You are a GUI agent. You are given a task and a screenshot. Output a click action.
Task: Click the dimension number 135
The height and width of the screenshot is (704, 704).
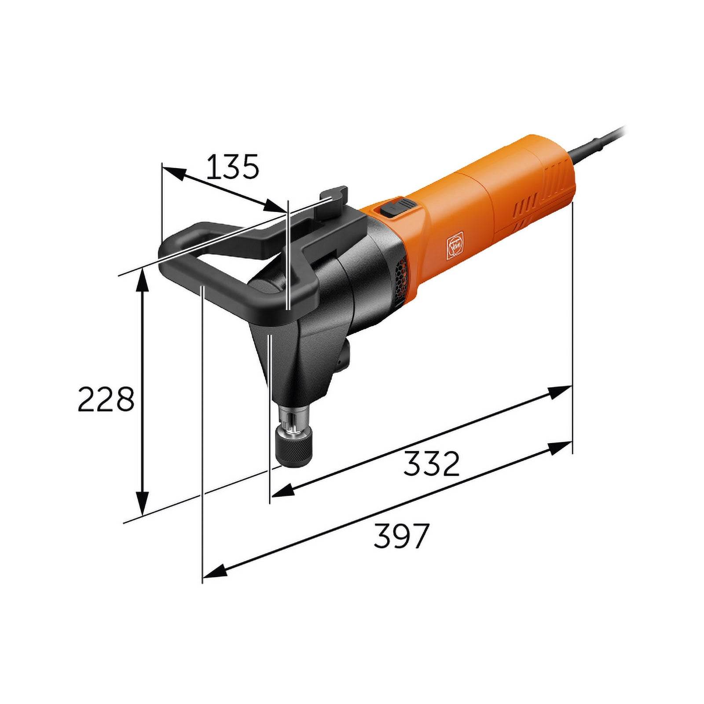(232, 167)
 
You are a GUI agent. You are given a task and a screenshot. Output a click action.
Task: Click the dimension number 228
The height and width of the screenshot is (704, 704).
(106, 399)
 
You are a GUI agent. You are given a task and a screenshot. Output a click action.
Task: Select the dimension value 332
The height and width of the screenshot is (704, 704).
(432, 463)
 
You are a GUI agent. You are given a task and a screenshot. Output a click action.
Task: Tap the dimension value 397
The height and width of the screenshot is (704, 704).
(401, 535)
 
